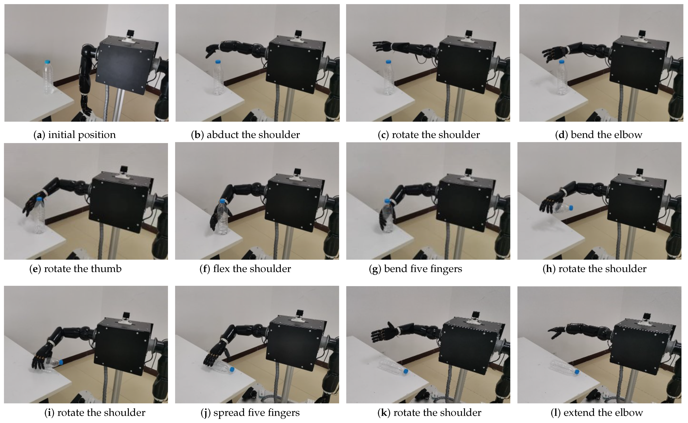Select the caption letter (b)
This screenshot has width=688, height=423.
(x=197, y=135)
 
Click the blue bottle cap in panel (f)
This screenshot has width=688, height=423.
(x=223, y=201)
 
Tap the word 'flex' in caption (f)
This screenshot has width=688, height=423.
(x=222, y=269)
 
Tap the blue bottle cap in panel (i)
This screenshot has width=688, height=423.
(x=61, y=362)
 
